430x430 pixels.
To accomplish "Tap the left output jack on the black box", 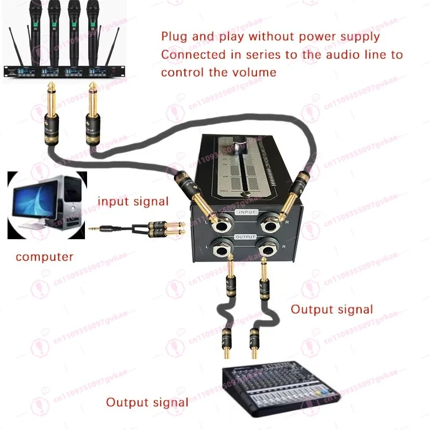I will click(221, 249).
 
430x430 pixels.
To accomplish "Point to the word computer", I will click(44, 257).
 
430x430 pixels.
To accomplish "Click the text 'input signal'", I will click(133, 202).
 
